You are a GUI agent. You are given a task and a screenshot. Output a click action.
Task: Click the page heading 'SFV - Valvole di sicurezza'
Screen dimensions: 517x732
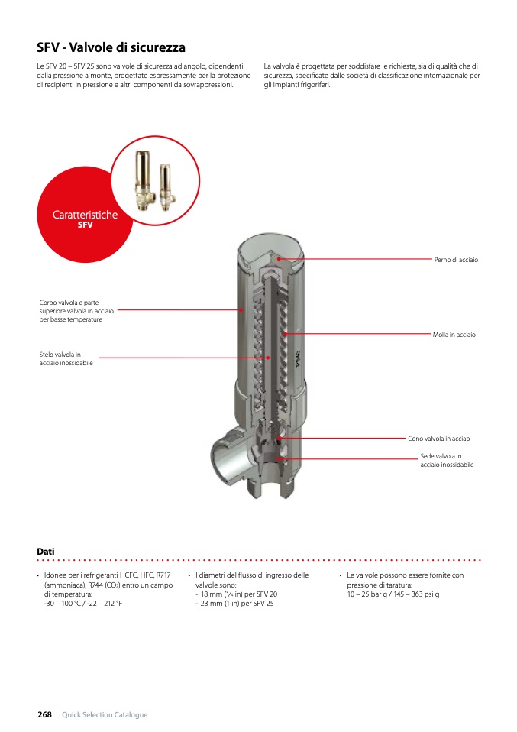pyautogui.click(x=111, y=47)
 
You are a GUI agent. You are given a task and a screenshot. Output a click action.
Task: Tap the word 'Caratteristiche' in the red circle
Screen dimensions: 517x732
pyautogui.click(x=85, y=215)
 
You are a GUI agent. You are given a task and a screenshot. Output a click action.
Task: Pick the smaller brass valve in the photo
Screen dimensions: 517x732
pyautogui.click(x=166, y=186)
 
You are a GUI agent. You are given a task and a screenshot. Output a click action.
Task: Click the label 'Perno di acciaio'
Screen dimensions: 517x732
pyautogui.click(x=456, y=260)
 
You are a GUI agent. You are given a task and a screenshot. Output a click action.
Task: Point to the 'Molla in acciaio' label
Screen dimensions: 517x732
pyautogui.click(x=454, y=335)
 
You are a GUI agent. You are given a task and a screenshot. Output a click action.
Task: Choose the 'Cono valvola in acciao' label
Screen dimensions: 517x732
pyautogui.click(x=438, y=439)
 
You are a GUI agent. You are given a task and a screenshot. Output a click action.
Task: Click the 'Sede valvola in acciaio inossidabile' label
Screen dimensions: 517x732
pyautogui.click(x=447, y=460)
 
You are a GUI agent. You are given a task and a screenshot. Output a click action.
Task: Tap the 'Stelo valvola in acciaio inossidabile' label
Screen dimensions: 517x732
pyautogui.click(x=66, y=358)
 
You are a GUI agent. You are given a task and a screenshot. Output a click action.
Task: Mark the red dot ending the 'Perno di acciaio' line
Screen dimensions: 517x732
pyautogui.click(x=279, y=258)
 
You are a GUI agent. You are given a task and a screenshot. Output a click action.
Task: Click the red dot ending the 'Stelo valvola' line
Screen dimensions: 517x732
pyautogui.click(x=268, y=358)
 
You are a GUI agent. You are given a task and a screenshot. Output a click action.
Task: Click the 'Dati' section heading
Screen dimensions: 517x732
pyautogui.click(x=46, y=552)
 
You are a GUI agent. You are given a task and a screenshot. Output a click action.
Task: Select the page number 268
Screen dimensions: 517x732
pyautogui.click(x=44, y=714)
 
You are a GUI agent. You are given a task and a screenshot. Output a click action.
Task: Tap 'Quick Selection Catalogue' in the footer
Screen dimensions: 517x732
pyautogui.click(x=105, y=714)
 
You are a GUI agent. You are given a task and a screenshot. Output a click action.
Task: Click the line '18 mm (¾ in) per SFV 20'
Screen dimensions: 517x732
pyautogui.click(x=236, y=594)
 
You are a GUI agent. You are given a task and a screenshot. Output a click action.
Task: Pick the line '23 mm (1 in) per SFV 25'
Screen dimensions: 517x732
pyautogui.click(x=234, y=604)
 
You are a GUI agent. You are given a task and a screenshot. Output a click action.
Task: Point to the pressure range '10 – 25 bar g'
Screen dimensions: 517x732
pyautogui.click(x=367, y=594)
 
